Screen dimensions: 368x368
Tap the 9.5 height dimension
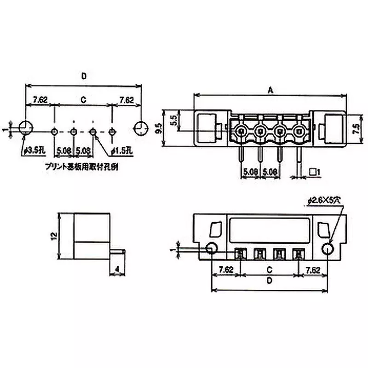159,129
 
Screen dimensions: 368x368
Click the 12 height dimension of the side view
54,236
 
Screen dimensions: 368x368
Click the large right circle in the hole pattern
140,128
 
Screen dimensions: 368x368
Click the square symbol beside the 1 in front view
313,172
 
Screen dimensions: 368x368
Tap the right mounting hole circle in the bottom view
327,249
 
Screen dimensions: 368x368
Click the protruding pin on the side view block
118,251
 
